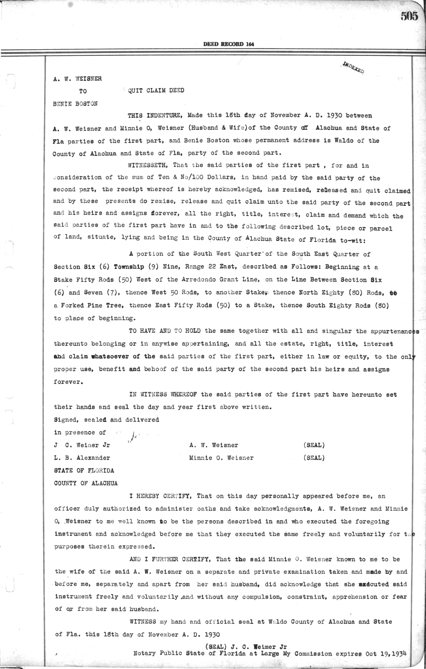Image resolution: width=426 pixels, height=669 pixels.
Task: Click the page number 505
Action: click(410, 17)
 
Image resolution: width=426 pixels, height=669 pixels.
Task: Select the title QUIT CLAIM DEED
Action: click(156, 90)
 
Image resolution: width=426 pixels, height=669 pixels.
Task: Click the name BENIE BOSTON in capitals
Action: click(75, 104)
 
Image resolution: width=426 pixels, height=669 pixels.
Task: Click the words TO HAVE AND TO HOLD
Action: click(164, 331)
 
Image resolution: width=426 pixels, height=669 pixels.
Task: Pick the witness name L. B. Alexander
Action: click(82, 458)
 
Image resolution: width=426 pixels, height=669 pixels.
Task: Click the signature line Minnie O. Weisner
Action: click(222, 458)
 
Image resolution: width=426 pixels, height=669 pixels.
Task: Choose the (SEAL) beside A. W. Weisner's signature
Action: click(314, 445)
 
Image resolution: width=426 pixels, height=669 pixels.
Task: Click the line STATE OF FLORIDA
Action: click(84, 471)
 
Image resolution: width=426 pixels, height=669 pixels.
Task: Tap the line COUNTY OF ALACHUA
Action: click(86, 483)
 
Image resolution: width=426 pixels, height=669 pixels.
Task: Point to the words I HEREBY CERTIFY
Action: click(161, 496)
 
